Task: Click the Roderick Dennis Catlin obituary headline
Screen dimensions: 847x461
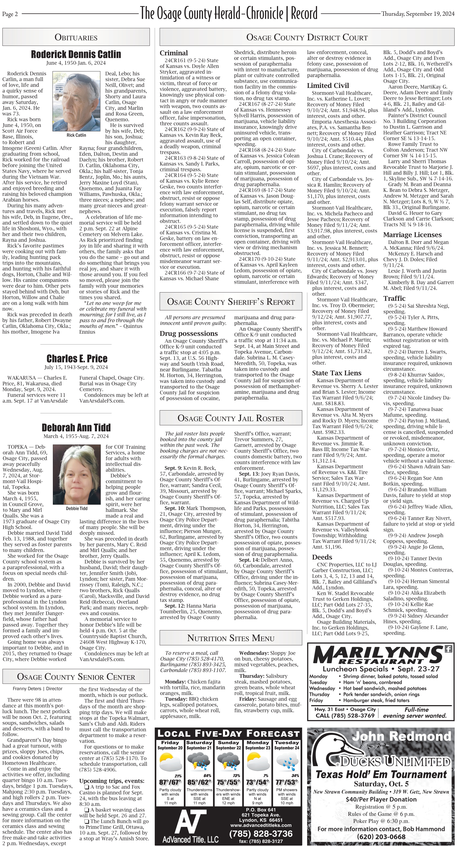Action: (76, 54)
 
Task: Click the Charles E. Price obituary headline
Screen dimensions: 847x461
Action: (77, 358)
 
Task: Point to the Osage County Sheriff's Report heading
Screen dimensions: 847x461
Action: (230, 302)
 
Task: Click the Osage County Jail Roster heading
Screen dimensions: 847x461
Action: (230, 418)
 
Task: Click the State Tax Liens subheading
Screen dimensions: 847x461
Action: (337, 373)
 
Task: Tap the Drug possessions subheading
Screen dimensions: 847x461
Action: (189, 333)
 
